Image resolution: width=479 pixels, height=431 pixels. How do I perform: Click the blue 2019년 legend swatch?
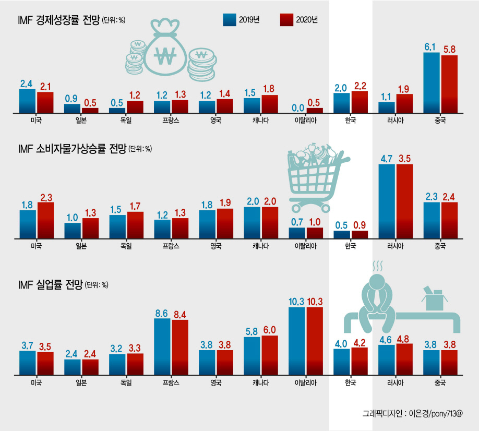[x=230, y=20]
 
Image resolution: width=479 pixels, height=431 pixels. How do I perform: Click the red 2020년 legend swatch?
[x=286, y=20]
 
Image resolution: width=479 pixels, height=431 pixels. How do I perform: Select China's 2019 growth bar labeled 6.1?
[x=432, y=83]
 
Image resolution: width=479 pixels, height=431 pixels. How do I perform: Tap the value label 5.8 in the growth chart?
[x=449, y=49]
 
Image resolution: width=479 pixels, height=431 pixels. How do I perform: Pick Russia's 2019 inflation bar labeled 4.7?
[x=387, y=201]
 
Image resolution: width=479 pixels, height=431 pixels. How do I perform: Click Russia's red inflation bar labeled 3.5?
[x=404, y=201]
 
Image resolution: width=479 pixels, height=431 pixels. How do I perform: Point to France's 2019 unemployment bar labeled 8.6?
[x=162, y=346]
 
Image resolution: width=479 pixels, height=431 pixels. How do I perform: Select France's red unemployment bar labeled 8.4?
[x=180, y=348]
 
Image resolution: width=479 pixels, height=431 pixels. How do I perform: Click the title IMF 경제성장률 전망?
[x=59, y=20]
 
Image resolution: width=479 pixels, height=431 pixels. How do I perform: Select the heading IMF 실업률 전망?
[x=51, y=285]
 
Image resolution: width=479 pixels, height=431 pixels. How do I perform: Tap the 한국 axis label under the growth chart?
[x=351, y=121]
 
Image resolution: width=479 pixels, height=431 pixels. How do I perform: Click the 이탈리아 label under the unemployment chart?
[x=305, y=382]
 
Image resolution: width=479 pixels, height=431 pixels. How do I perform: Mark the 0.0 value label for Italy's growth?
[x=298, y=108]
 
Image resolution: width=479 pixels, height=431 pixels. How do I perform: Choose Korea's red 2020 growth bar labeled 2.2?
[x=360, y=102]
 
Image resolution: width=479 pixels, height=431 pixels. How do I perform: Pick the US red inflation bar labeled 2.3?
[x=45, y=221]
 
